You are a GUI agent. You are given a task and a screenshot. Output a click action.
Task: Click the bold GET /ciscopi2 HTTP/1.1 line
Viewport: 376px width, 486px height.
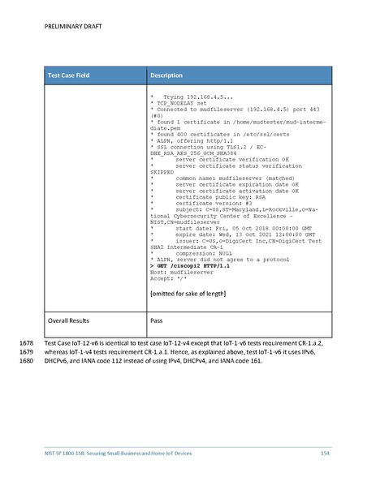point(188,243)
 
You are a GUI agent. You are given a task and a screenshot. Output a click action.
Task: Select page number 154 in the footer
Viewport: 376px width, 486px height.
point(324,451)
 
